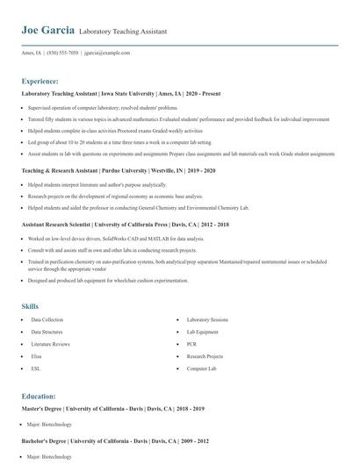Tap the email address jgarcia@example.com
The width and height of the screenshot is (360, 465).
tap(107, 53)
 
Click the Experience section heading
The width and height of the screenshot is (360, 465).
tap(40, 80)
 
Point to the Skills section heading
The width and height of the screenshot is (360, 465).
tap(30, 305)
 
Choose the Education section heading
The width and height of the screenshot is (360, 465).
tap(39, 397)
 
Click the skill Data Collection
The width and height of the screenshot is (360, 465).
tap(47, 320)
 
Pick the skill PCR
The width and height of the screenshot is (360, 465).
tap(192, 345)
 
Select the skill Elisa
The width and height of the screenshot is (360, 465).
tap(36, 357)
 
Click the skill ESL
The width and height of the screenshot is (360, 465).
tap(35, 369)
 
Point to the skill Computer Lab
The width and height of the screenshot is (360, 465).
tap(201, 369)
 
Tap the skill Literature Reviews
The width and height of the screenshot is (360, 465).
tap(50, 345)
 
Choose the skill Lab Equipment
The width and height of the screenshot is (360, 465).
tap(202, 333)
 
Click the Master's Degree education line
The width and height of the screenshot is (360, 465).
tap(112, 409)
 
